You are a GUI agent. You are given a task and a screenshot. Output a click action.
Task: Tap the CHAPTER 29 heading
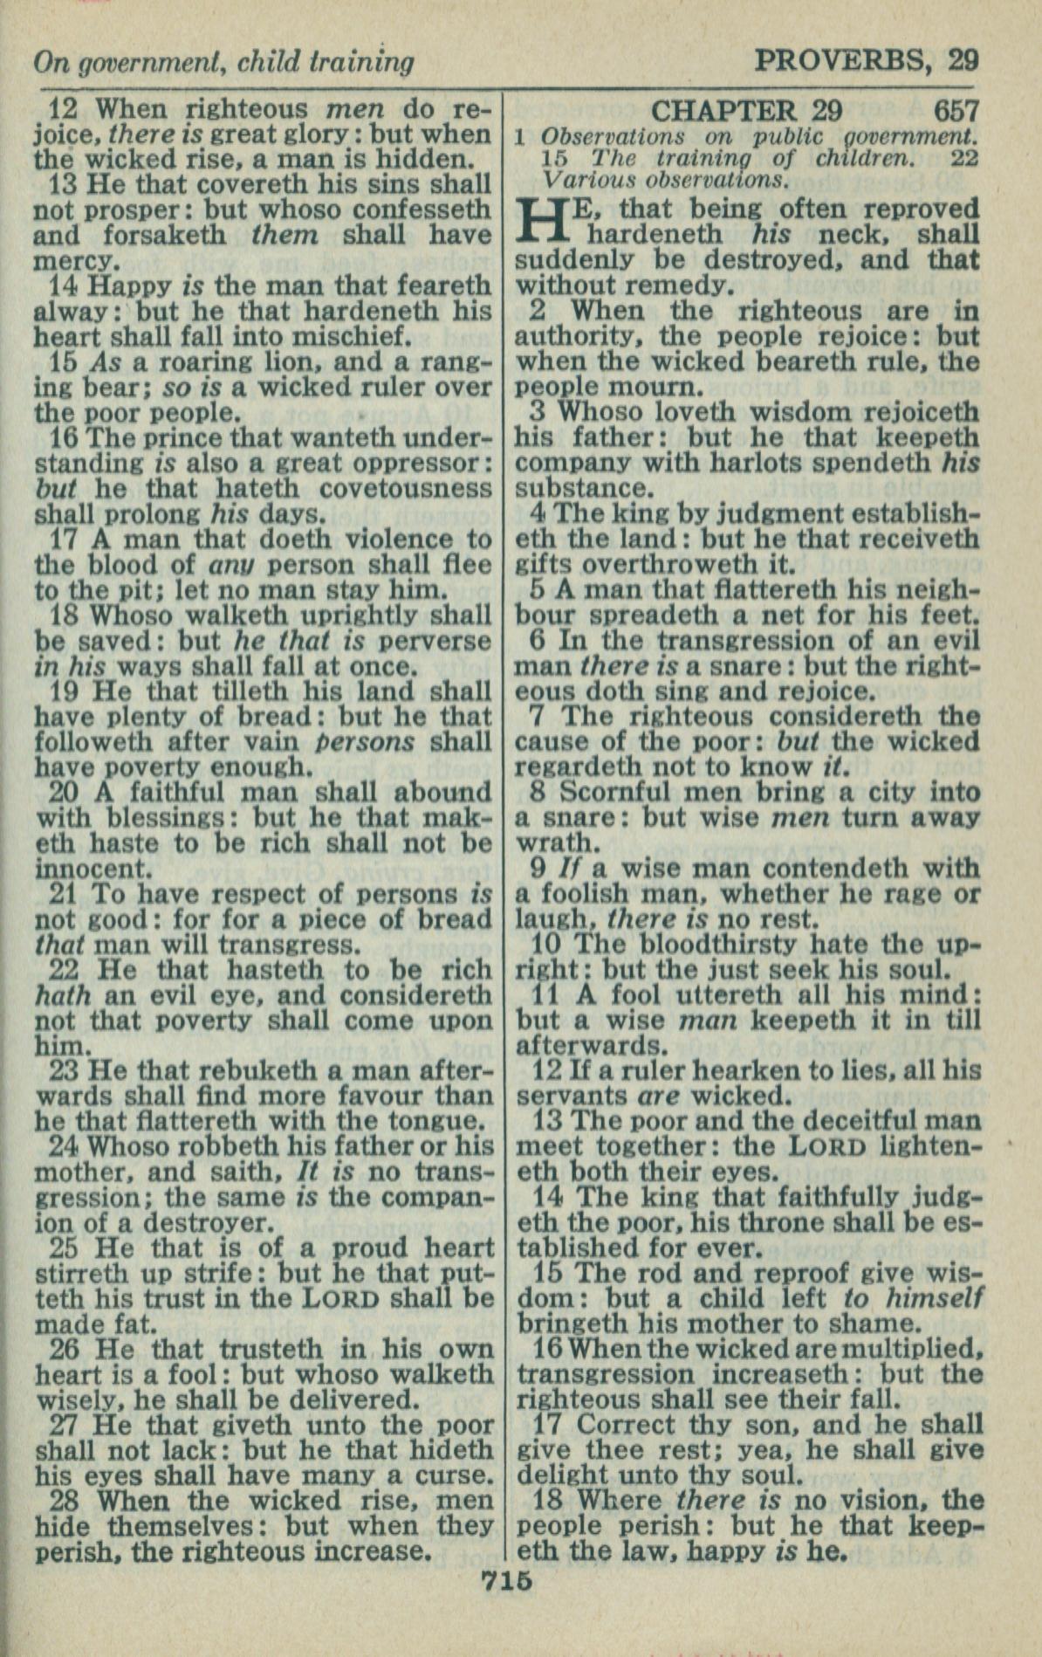(746, 111)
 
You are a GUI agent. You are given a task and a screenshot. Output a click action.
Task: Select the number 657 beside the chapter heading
(956, 111)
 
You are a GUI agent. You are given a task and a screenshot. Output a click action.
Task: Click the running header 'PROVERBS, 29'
(866, 60)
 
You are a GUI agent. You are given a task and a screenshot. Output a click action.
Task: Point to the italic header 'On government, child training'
(223, 62)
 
